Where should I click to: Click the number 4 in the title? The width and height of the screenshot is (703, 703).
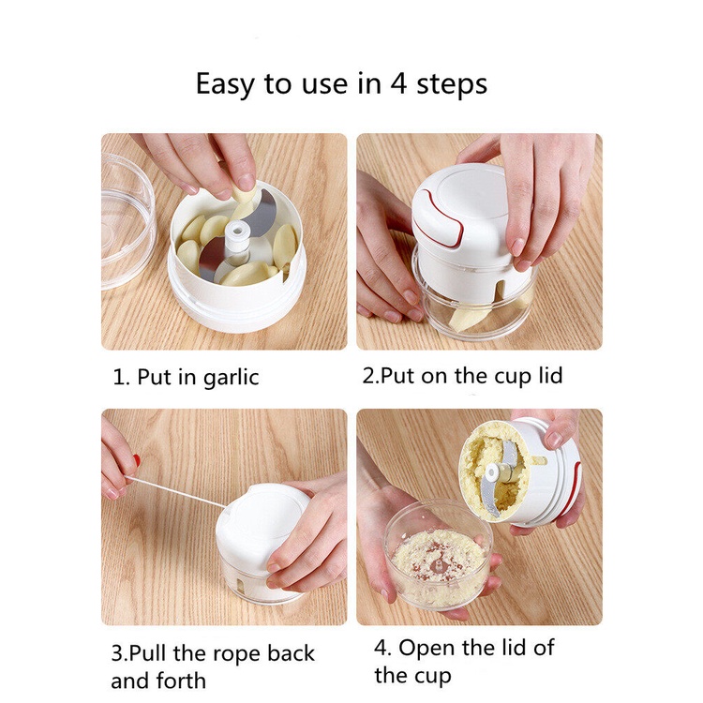(397, 83)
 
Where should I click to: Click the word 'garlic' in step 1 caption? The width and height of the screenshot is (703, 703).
(231, 377)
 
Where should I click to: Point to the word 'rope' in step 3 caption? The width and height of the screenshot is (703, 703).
(237, 654)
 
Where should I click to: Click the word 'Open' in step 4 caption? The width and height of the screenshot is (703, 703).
(427, 649)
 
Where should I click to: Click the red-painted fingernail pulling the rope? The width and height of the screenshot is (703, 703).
(136, 461)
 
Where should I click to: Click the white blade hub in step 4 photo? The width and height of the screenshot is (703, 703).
(492, 472)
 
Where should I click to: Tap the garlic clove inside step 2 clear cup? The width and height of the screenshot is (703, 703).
(466, 319)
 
